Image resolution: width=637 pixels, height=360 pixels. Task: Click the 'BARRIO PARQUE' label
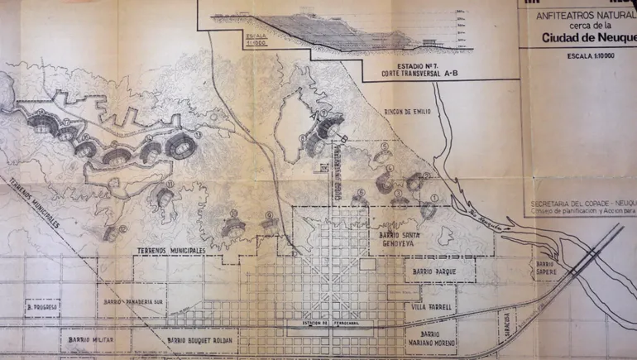pos(439,270)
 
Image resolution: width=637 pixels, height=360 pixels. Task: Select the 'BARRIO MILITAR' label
pos(86,339)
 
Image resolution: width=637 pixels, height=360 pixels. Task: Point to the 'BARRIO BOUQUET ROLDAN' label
pos(199,340)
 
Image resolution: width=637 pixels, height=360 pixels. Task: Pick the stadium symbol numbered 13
pos(163,198)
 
